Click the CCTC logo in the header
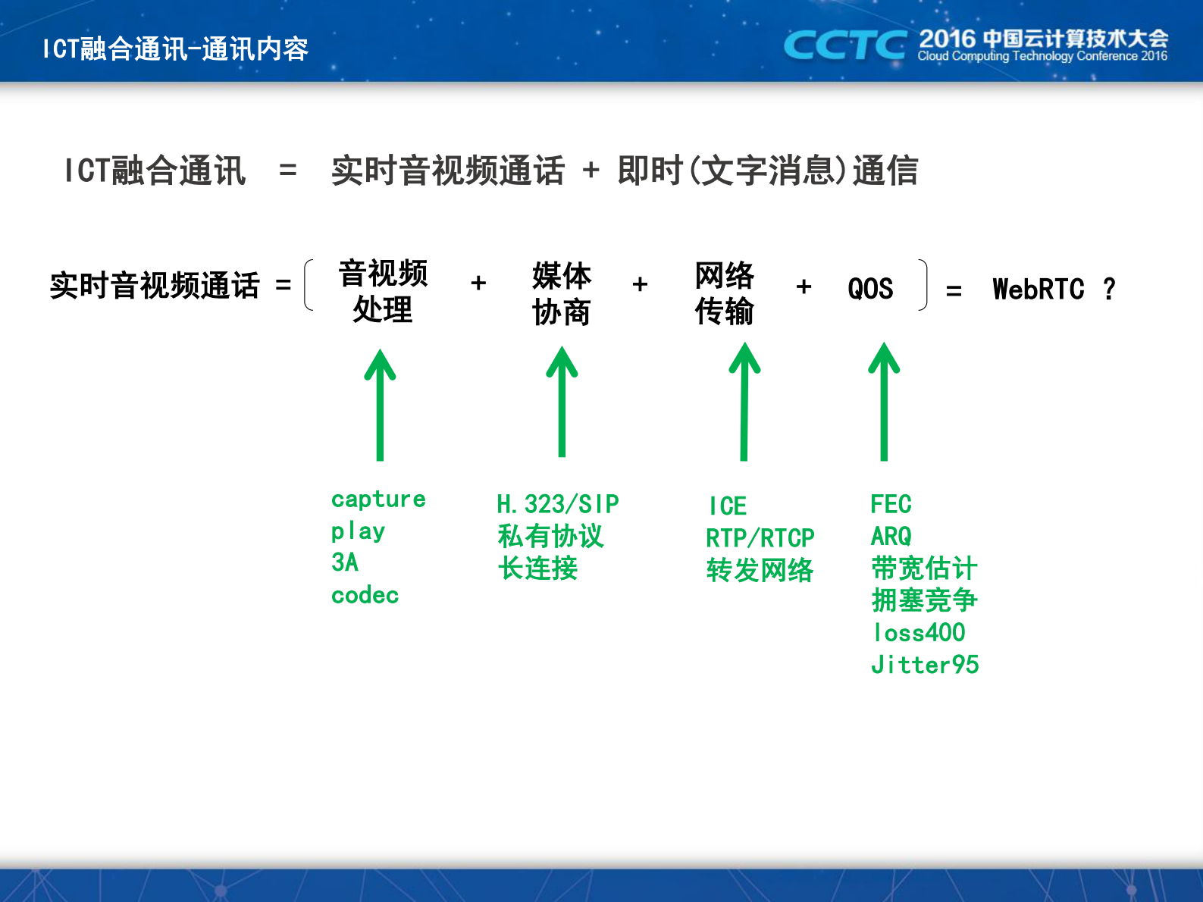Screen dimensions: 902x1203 click(844, 45)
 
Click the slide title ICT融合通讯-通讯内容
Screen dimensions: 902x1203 click(175, 49)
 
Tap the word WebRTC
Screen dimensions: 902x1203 click(1038, 290)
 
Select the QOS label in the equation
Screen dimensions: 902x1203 click(870, 289)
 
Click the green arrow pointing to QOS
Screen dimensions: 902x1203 click(884, 402)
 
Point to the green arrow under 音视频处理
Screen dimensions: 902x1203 click(380, 406)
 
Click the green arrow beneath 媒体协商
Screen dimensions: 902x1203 click(562, 402)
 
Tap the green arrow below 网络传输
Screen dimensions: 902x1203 click(744, 402)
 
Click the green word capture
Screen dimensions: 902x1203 click(378, 500)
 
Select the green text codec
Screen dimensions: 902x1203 click(365, 595)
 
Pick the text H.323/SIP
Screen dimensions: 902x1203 click(558, 504)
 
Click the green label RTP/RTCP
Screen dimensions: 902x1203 click(760, 538)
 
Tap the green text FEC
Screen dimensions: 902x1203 click(891, 504)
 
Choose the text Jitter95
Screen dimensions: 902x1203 click(925, 665)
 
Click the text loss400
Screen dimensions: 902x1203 click(919, 632)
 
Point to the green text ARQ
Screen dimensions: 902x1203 click(891, 537)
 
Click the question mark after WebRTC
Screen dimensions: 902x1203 click(1109, 289)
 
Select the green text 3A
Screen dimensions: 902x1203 click(345, 562)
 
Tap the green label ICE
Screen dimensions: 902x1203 click(728, 506)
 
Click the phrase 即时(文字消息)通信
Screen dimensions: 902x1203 click(767, 171)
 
